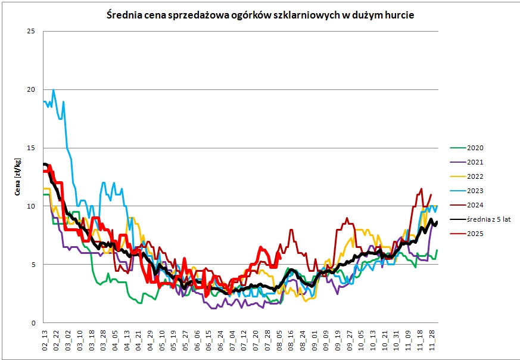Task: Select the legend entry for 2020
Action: tap(475, 148)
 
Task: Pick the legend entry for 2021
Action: tap(475, 162)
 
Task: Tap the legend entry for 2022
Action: tap(475, 176)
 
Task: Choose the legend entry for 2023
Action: tap(475, 191)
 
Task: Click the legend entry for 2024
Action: tap(475, 205)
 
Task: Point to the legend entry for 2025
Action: tap(475, 234)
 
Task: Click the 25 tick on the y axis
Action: tap(32, 31)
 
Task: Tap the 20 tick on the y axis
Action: tap(32, 89)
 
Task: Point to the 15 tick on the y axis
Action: tap(32, 148)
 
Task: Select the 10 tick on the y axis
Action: tap(32, 206)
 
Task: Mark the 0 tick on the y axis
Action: tap(33, 323)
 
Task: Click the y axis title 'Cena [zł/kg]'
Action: tap(18, 176)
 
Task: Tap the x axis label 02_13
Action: tap(45, 342)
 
